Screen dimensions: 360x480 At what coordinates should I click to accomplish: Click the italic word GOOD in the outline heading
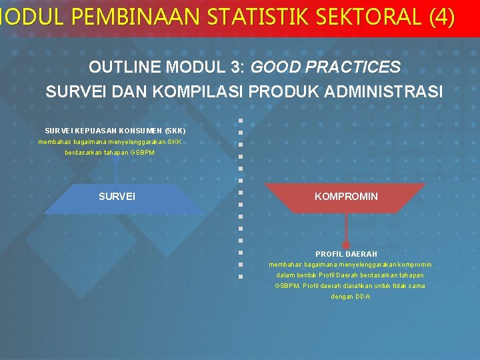coord(273,67)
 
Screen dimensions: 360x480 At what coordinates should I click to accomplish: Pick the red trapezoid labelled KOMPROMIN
coord(346,197)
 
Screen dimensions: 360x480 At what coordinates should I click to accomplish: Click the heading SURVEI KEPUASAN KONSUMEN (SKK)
coord(115,131)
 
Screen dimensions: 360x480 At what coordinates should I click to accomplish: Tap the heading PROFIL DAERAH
coord(346,254)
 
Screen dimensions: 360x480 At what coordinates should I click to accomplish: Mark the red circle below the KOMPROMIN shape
coord(346,245)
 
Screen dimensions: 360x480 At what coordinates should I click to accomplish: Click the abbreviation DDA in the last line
coord(363,297)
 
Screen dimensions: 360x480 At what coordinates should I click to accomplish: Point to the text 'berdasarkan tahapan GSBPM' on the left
coord(109,153)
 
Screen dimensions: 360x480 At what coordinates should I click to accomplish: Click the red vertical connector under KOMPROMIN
coord(346,227)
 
